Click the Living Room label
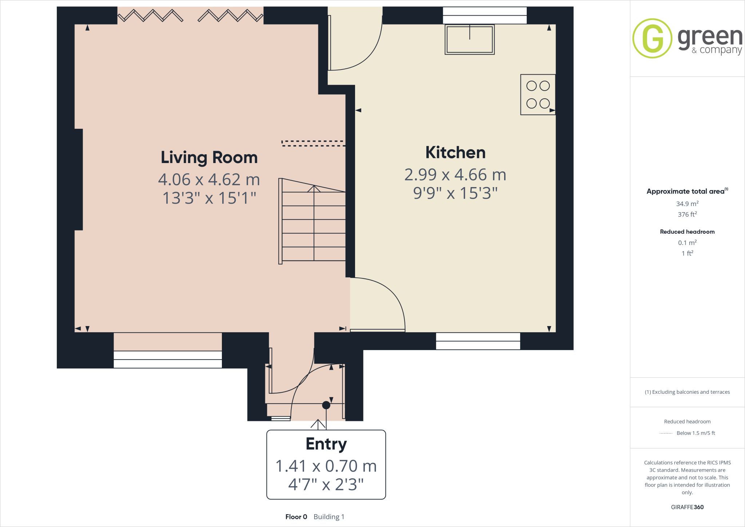pos(209,158)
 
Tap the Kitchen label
pos(455,152)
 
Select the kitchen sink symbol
pos(469,39)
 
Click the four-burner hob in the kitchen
pos(538,95)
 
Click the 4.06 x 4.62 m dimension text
pos(209,179)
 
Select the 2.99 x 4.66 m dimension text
pos(455,175)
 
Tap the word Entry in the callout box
pos(326,444)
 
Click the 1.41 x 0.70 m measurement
pos(326,466)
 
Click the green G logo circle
pos(652,38)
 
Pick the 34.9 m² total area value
pos(687,203)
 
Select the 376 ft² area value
pos(687,214)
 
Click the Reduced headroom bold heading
pos(687,231)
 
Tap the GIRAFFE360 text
pos(687,507)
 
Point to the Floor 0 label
pos(296,517)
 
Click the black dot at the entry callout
pos(326,405)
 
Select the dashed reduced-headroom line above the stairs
pos(313,143)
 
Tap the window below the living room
pos(168,359)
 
